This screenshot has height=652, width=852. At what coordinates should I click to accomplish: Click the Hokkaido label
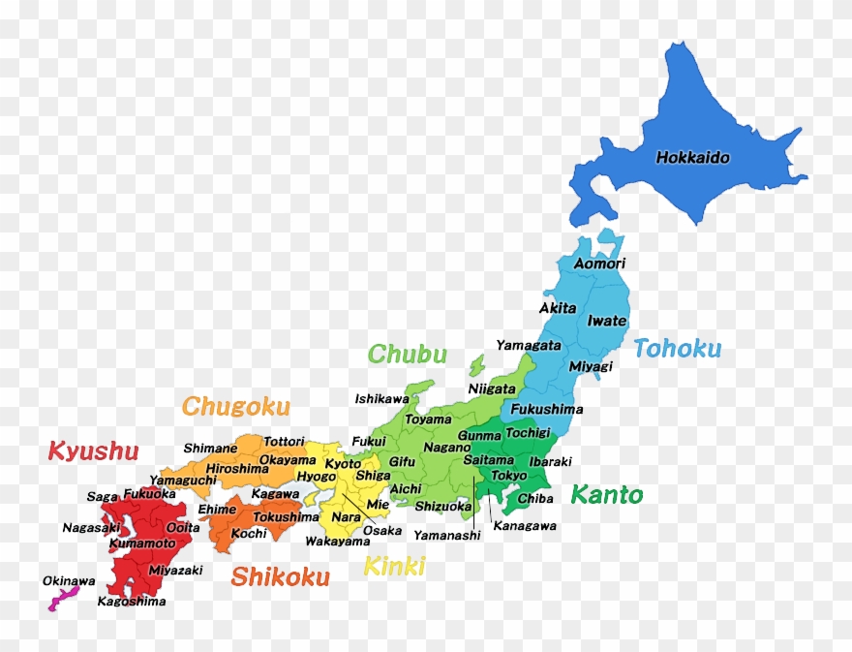point(692,157)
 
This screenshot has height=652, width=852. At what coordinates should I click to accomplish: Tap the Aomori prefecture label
point(599,264)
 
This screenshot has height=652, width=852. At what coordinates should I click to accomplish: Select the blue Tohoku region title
point(677,349)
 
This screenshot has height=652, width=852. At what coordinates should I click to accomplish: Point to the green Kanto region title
point(606,495)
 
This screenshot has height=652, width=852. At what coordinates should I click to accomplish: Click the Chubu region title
point(407,355)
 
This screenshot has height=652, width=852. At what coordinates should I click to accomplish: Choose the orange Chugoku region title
point(236,406)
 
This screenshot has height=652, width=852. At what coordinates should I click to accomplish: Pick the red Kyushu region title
point(93,450)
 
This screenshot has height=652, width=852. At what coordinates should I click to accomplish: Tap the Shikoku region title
point(280,577)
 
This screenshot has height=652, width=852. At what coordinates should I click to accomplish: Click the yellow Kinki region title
point(393,566)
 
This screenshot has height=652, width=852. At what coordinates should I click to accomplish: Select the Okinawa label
point(69,581)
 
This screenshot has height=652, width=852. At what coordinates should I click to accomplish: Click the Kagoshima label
point(132,602)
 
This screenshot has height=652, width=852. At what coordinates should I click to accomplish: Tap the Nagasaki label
point(91,528)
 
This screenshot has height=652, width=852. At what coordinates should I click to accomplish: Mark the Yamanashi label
point(446,535)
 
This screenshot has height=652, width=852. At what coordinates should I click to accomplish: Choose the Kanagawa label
point(525,526)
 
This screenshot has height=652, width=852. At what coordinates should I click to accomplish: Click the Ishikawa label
point(381,398)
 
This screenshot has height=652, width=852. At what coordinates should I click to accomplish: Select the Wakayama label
point(337,542)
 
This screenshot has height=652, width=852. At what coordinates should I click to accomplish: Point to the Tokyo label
point(509,476)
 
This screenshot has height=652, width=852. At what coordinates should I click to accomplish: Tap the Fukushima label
point(547,409)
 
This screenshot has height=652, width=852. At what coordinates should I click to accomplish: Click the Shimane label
point(210,449)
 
